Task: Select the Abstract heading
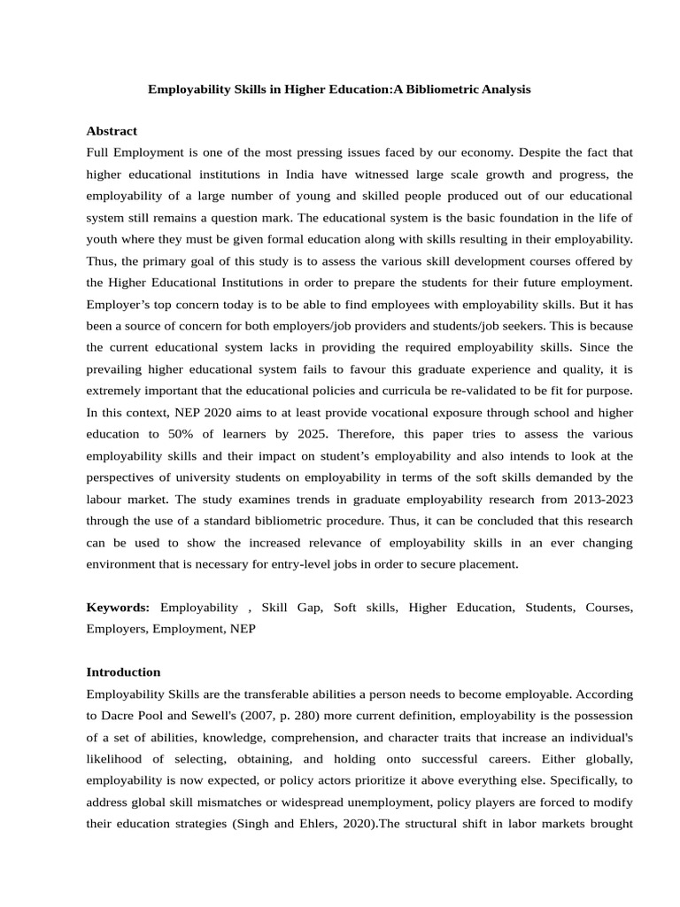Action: [112, 131]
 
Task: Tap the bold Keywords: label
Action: [118, 607]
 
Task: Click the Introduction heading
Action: [123, 671]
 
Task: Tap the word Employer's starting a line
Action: [120, 304]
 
